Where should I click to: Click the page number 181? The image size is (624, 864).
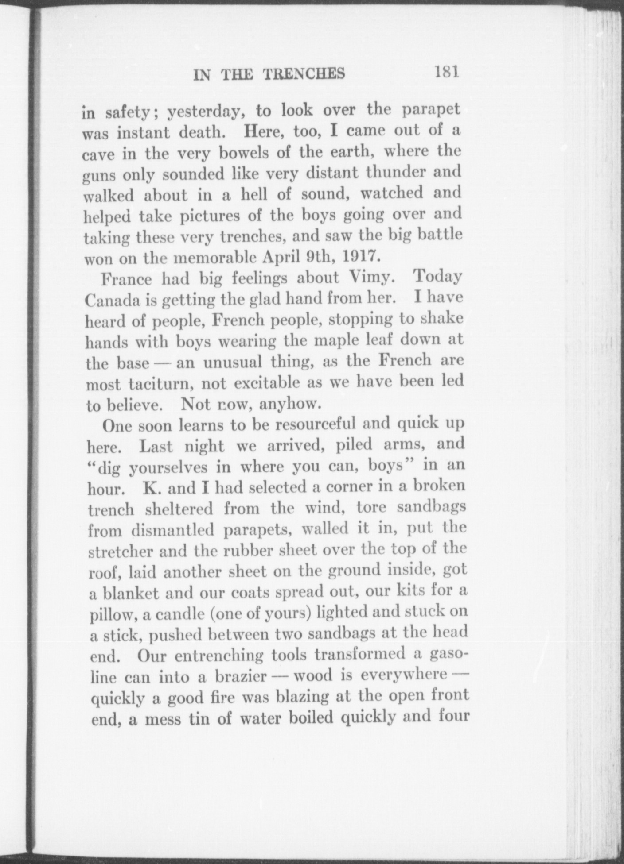[446, 72]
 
